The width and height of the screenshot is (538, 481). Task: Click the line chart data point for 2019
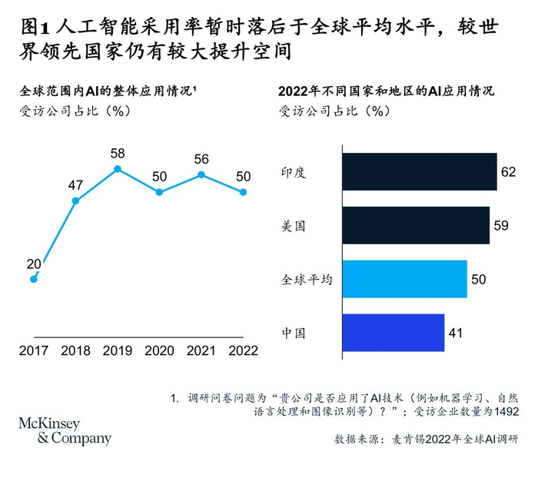coord(118,169)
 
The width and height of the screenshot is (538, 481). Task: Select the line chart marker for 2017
coord(33,279)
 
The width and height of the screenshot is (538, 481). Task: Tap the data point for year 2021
coord(201,174)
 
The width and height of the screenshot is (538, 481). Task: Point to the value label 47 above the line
coord(75,185)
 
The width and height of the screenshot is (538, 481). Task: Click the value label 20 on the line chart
coord(34,264)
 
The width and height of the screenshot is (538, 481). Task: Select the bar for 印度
coord(419,172)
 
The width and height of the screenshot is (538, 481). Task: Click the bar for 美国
coord(416,225)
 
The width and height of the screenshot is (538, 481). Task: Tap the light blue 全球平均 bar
coord(404,279)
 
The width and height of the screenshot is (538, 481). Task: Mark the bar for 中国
coord(393,333)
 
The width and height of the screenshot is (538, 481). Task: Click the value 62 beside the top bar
coord(508,172)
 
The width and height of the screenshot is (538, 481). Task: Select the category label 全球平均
coord(306,280)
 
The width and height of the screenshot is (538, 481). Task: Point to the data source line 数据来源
coord(425,440)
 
